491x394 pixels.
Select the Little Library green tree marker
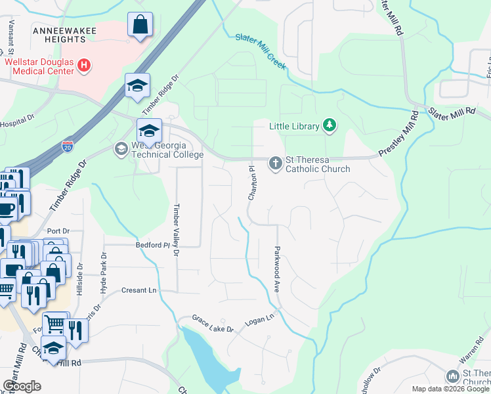pos(330,125)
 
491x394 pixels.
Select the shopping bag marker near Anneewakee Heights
pos(140,26)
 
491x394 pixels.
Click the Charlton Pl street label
pos(251,184)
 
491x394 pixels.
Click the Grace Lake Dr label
pos(213,323)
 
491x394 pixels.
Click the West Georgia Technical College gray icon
pos(121,149)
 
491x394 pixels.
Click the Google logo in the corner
pos(22,386)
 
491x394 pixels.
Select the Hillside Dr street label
pos(78,280)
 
